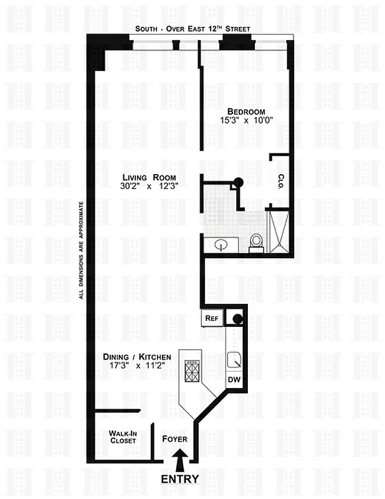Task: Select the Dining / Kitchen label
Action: (x=138, y=356)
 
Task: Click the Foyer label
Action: (x=175, y=439)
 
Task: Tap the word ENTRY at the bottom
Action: (x=180, y=479)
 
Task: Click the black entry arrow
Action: (x=181, y=462)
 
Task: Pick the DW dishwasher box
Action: (x=234, y=379)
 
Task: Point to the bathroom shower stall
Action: (x=278, y=231)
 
